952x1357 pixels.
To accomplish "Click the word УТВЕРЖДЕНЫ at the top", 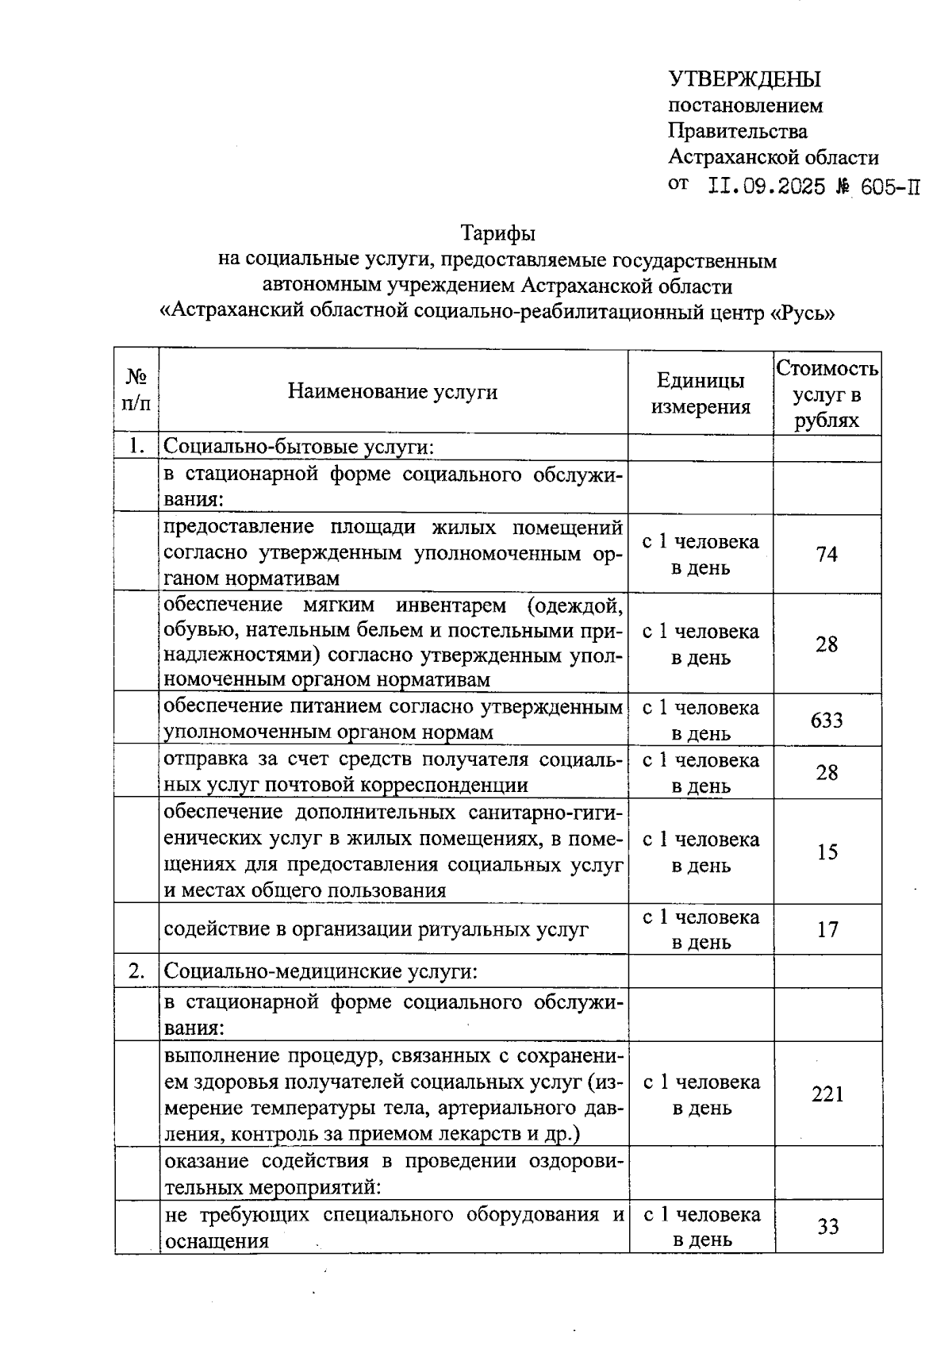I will [x=745, y=79].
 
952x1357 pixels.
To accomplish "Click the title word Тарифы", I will [x=498, y=234].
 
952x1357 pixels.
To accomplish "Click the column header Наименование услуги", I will [x=393, y=391].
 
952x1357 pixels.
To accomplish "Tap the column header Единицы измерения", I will [x=701, y=394].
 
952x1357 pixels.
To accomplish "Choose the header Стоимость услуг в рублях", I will [x=827, y=394].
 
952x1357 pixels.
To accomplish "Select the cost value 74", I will [x=827, y=554].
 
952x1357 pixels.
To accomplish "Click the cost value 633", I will [x=827, y=720].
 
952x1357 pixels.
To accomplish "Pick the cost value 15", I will [x=827, y=851].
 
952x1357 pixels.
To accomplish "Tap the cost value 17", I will [x=827, y=929].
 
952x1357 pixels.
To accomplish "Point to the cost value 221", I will [x=827, y=1094].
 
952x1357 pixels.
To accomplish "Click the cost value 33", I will [x=827, y=1227].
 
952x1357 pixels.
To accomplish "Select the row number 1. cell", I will [x=136, y=447].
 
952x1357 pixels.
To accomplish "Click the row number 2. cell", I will [x=136, y=971].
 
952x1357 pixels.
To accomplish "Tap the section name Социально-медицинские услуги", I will [x=320, y=971].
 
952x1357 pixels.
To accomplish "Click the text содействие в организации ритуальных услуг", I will [x=376, y=929].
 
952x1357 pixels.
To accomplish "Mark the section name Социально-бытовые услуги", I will [x=298, y=448].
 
